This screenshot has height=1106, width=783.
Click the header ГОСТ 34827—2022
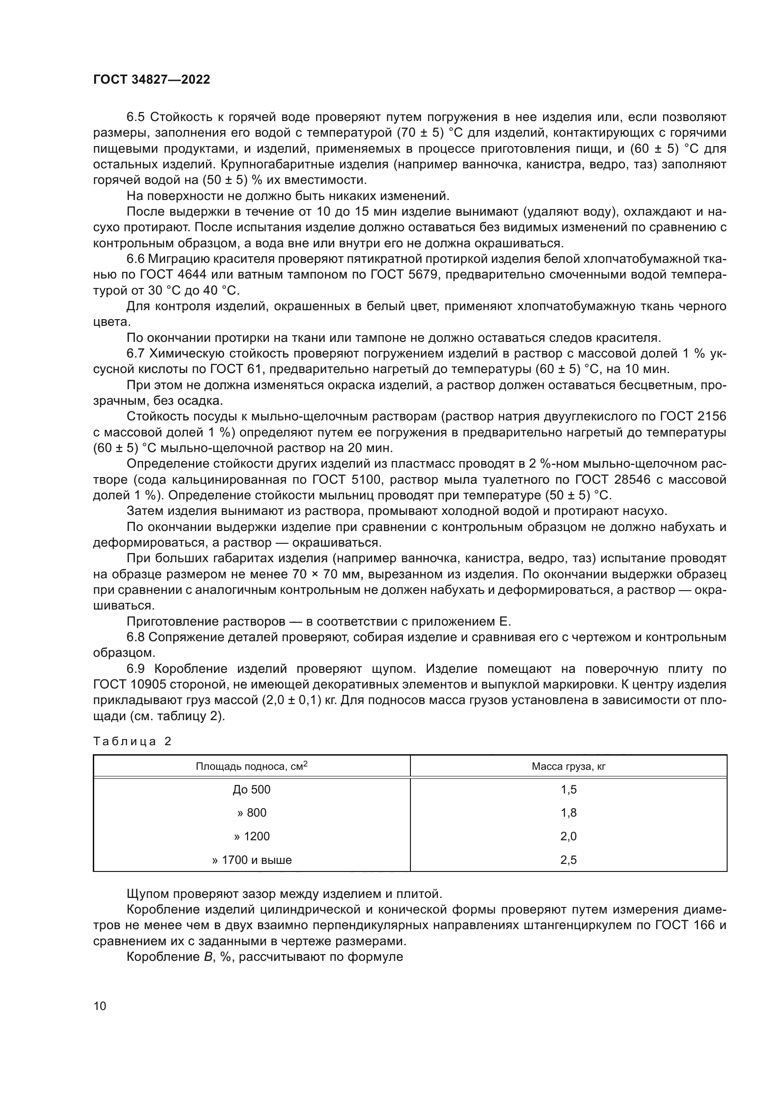pos(151,80)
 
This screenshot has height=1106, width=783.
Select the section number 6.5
pos(135,118)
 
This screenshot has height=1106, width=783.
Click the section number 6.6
pos(135,259)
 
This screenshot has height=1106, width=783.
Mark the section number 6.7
pos(135,354)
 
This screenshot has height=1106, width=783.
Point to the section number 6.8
pos(135,637)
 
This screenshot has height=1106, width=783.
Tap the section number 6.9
pos(135,669)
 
